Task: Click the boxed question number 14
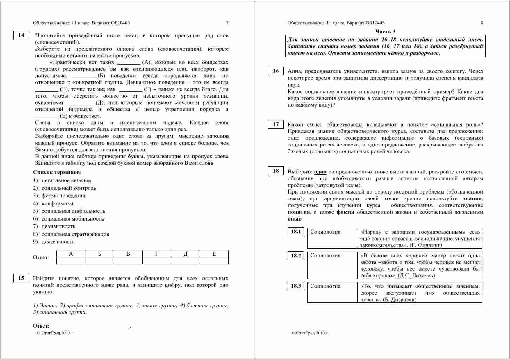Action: (21, 35)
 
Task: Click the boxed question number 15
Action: (21, 278)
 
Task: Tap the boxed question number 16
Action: (276, 71)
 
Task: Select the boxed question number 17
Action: (276, 124)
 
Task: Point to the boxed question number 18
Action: (276, 171)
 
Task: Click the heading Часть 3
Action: (385, 31)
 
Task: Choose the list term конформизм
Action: (57, 203)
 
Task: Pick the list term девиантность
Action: (58, 226)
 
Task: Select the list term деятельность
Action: (58, 242)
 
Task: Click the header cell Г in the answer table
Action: (157, 254)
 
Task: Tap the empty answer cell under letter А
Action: (71, 261)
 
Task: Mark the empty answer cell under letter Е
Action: (214, 261)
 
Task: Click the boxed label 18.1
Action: (296, 232)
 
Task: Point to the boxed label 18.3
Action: (296, 286)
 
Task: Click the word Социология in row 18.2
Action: (325, 255)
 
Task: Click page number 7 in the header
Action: (227, 23)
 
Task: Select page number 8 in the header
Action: (482, 23)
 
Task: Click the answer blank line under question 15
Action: (90, 327)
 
